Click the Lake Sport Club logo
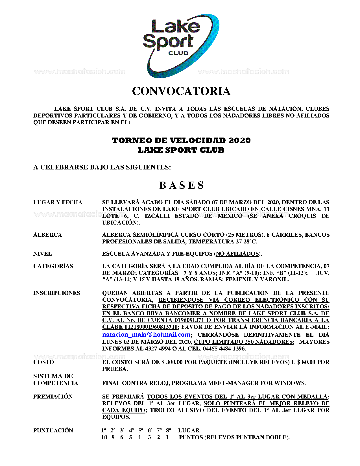pyautogui.click(x=181, y=45)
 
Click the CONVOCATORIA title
pyautogui.click(x=181, y=91)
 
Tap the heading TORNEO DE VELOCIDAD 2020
pyautogui.click(x=181, y=140)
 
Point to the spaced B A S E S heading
pyautogui.click(x=181, y=185)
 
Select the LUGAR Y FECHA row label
pyautogui.click(x=58, y=202)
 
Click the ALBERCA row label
pyautogui.click(x=47, y=235)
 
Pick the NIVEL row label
pyautogui.click(x=42, y=254)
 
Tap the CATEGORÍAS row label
pyautogui.click(x=53, y=266)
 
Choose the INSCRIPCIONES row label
pyautogui.click(x=56, y=293)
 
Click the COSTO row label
pyautogui.click(x=43, y=362)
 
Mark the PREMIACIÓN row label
pyautogui.click(x=53, y=397)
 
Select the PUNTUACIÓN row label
pyautogui.click(x=53, y=430)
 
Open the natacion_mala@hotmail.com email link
pyautogui.click(x=146, y=335)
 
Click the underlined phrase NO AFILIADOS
pyautogui.click(x=237, y=254)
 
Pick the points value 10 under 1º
pyautogui.click(x=104, y=437)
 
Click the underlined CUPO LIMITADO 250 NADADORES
pyautogui.click(x=243, y=342)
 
